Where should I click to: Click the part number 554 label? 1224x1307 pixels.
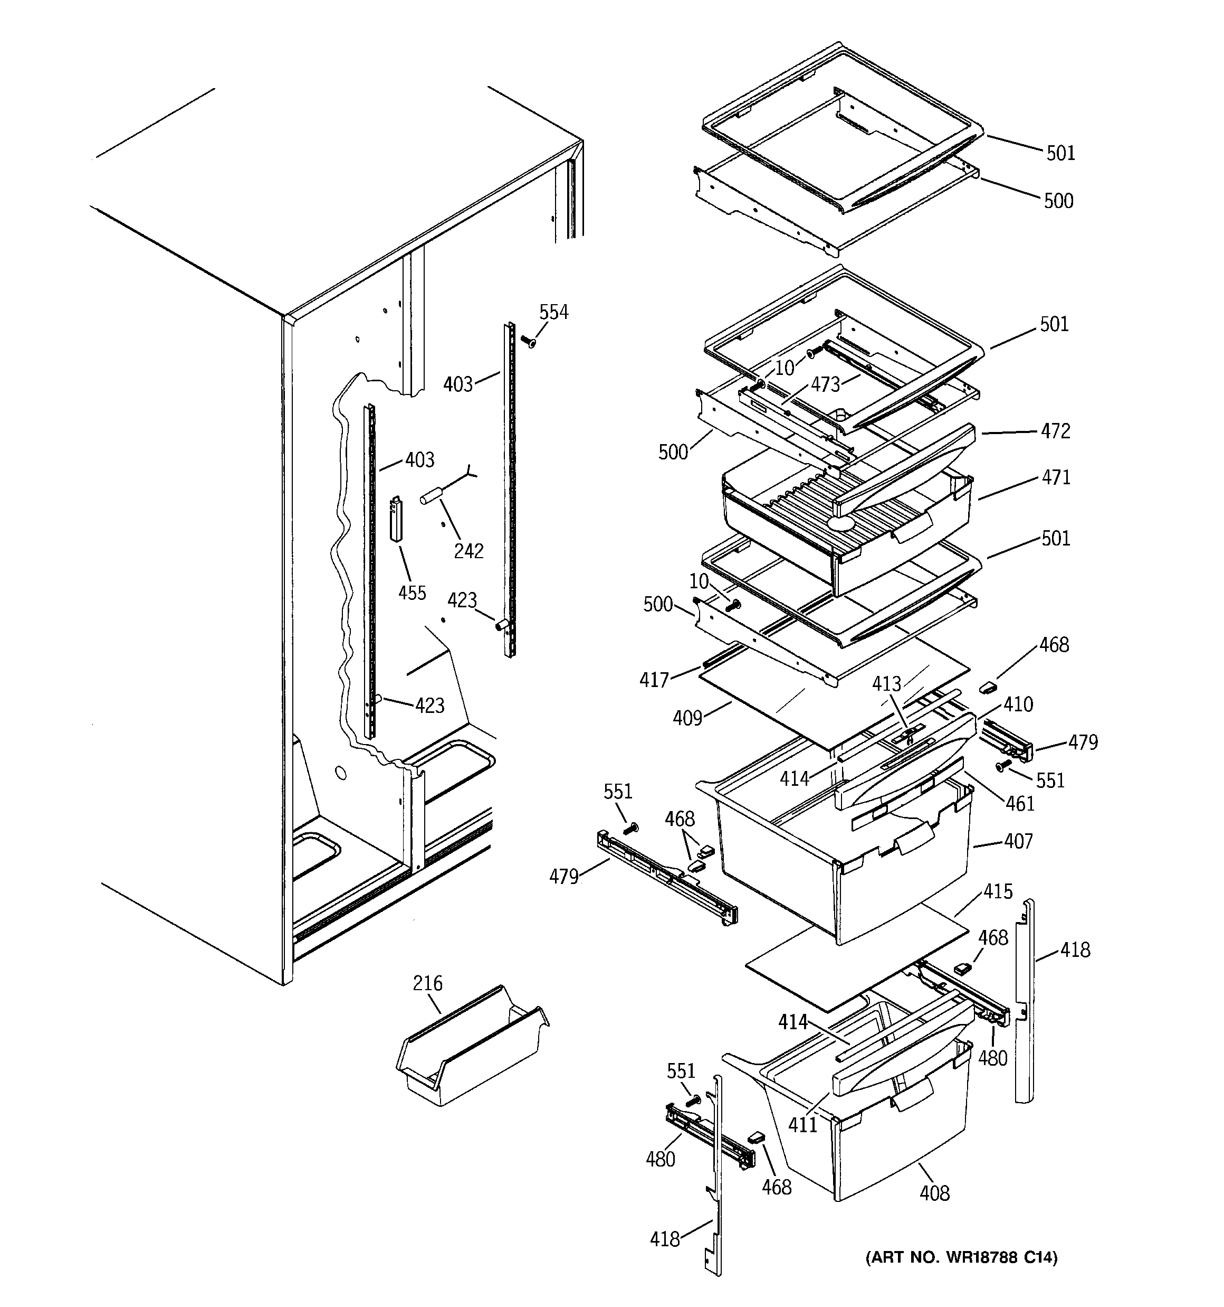[553, 312]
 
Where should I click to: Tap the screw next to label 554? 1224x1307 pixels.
[528, 341]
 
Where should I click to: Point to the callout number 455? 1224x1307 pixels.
[412, 593]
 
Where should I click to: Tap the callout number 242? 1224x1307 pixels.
[468, 551]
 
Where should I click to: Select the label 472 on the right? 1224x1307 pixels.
[1055, 431]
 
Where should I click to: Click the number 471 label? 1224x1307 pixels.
[1056, 477]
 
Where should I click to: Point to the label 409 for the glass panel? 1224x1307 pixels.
[687, 718]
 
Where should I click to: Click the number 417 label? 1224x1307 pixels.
[654, 680]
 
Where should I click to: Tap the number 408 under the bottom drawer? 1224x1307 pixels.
[934, 1192]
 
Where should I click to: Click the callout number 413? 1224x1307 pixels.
[886, 684]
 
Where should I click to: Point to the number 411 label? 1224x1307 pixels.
[802, 1124]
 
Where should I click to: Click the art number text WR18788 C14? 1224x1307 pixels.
[961, 1258]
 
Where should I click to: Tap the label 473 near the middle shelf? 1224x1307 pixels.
[825, 384]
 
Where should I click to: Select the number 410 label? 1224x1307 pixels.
[1018, 705]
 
